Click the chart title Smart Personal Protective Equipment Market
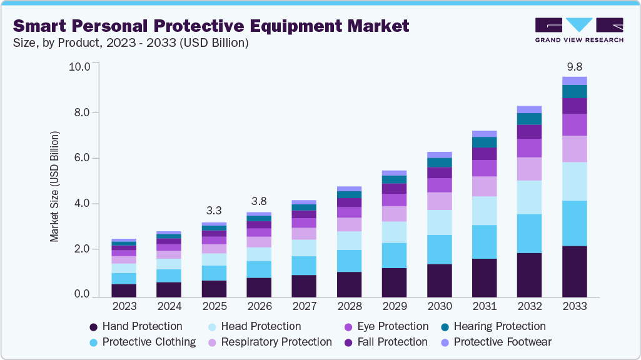click(x=211, y=26)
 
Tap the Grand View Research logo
click(x=579, y=30)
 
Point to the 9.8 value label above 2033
click(x=574, y=66)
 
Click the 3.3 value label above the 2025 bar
click(x=214, y=211)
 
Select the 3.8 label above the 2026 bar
click(x=259, y=201)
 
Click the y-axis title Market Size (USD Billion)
click(x=55, y=187)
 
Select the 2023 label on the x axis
click(x=124, y=307)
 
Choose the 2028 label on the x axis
click(x=349, y=307)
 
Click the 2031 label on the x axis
click(x=484, y=307)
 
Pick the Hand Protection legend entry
click(x=136, y=326)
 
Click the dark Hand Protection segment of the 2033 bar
click(x=574, y=271)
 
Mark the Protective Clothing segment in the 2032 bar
click(x=529, y=233)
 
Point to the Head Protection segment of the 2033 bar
click(x=574, y=181)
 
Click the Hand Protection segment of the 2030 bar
click(x=439, y=280)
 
